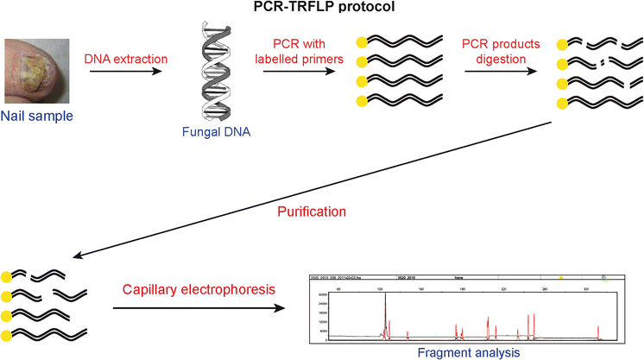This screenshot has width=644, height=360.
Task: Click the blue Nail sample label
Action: click(x=34, y=115)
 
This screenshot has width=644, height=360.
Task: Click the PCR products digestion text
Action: click(x=501, y=50)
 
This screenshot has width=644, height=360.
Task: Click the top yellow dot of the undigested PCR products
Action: click(x=360, y=41)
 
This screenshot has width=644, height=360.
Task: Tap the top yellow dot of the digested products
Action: click(x=562, y=42)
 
